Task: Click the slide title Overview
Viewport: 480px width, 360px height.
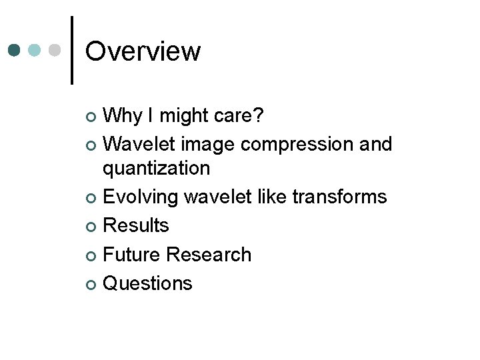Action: tap(143, 51)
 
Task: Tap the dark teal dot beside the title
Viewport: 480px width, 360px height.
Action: tap(15, 51)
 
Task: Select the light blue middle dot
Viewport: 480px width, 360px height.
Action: tap(35, 51)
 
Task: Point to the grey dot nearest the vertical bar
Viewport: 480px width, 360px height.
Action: tap(55, 51)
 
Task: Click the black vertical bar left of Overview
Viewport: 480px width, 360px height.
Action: tap(72, 51)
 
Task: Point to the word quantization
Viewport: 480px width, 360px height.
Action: tap(156, 168)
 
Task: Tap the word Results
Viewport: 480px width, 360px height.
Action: tap(137, 225)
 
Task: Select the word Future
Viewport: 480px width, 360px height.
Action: tap(133, 255)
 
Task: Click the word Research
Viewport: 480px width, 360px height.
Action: tap(209, 255)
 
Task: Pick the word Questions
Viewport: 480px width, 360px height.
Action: tap(148, 283)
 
